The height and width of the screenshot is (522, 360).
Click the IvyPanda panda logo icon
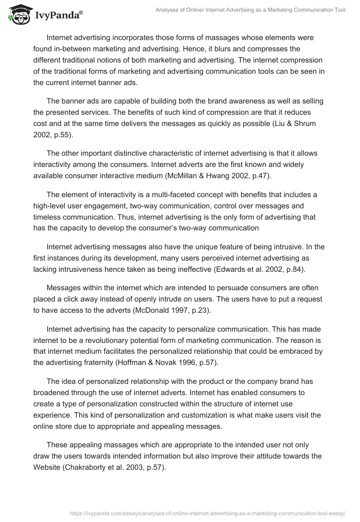coord(18,14)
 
